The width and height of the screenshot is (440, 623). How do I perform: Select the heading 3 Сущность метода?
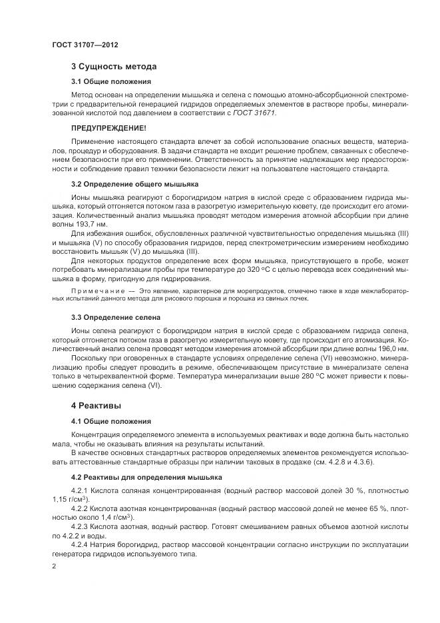pos(114,67)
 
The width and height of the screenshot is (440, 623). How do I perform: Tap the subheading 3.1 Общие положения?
pos(111,81)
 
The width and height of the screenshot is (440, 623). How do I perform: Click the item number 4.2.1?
pos(81,489)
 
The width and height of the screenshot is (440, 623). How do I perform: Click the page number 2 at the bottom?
pos(54,566)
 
